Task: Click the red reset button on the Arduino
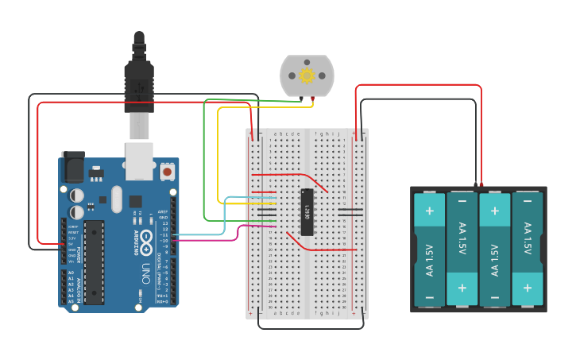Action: point(167,171)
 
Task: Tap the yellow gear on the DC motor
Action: point(307,75)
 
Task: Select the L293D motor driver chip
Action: point(307,211)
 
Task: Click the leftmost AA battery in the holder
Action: point(429,249)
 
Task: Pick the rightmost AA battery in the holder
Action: point(528,249)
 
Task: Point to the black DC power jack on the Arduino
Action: point(73,167)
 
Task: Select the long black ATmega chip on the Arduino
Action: point(95,262)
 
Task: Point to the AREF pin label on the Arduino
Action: point(162,212)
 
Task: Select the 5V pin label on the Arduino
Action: point(72,245)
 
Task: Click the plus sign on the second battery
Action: point(462,287)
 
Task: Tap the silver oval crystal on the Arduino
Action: point(117,199)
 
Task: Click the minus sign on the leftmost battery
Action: point(429,298)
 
